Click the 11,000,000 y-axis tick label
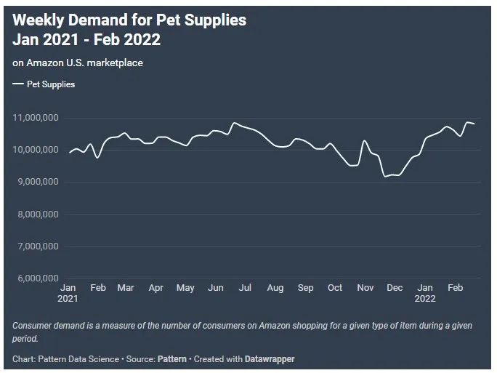pos(36,118)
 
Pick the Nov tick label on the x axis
pos(364,288)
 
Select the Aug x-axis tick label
pos(275,288)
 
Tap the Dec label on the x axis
pos(394,288)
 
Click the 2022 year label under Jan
pos(425,298)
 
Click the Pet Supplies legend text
pos(51,84)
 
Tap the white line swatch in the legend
pos(17,84)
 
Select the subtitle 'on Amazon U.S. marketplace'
pos(78,63)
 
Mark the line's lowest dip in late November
pos(385,176)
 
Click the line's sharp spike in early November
pos(364,140)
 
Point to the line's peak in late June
pos(234,123)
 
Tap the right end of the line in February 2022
pos(474,124)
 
